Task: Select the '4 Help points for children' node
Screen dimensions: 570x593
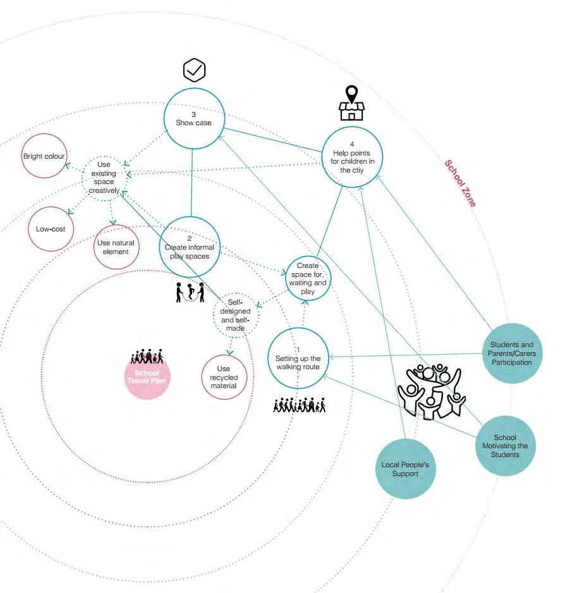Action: (x=352, y=156)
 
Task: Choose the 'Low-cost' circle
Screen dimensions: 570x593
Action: (x=51, y=227)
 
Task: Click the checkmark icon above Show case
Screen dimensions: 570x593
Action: (x=194, y=71)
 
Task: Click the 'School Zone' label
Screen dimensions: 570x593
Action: (x=460, y=183)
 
